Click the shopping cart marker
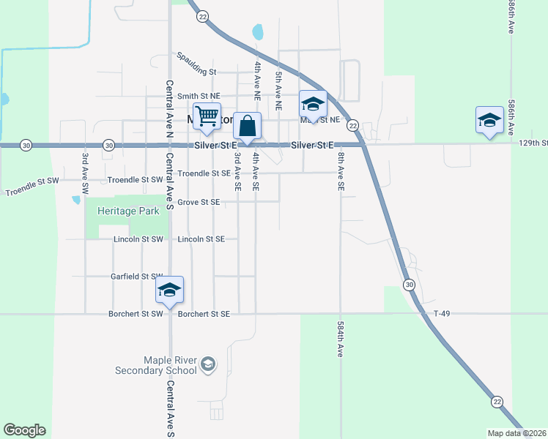207,116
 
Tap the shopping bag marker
248,126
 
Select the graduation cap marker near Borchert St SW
169,290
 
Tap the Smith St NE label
199,96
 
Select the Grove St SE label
199,202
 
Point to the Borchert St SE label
204,314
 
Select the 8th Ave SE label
341,170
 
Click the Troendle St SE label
204,173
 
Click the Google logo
24,430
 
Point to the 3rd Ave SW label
85,173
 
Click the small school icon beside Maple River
208,364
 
